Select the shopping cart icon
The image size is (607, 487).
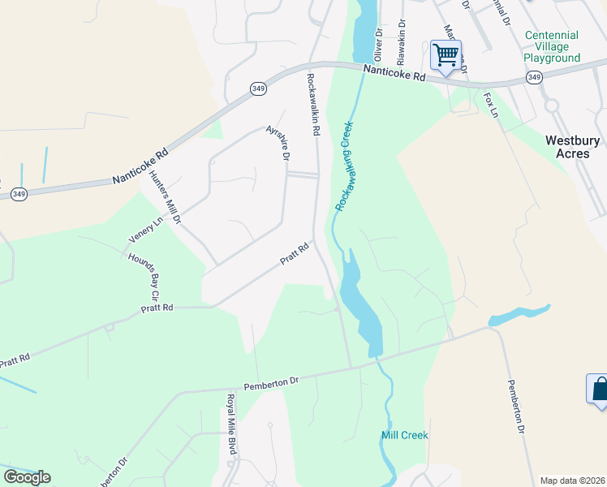[x=446, y=55]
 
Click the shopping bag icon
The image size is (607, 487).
[x=599, y=388]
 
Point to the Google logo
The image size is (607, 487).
[x=27, y=477]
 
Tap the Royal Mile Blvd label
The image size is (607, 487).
[x=231, y=424]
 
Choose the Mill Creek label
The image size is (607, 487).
[x=404, y=436]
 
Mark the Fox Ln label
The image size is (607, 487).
[x=490, y=105]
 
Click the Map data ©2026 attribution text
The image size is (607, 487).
[x=572, y=481]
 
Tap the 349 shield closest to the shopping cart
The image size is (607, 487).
[x=534, y=77]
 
